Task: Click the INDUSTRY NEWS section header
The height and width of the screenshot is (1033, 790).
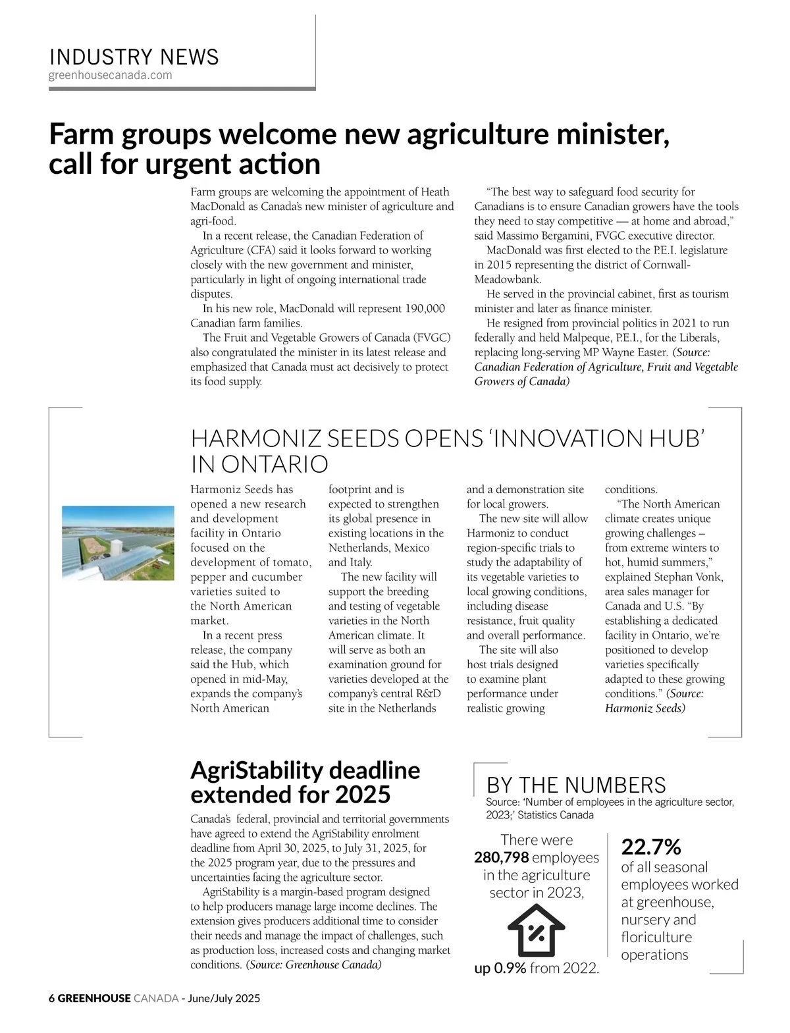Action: coord(134,57)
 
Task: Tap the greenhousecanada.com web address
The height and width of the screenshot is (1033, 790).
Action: coord(111,75)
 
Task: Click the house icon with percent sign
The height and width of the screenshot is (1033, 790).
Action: coord(537,930)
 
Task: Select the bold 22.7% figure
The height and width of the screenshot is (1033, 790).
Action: coord(650,846)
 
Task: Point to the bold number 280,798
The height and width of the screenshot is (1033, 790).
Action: coord(501,857)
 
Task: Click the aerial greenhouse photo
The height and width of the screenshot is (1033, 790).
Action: coord(118,543)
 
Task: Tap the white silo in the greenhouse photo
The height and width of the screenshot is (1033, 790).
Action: coord(117,546)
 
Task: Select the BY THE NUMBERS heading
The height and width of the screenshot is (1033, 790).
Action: coord(576,785)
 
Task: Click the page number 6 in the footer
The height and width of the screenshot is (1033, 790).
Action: coord(52,998)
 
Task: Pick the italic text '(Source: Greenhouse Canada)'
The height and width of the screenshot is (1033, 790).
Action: coord(313,965)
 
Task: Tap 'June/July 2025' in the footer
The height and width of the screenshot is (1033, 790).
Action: coord(224,998)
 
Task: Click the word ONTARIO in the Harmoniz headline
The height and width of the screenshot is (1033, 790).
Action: coord(275,464)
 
